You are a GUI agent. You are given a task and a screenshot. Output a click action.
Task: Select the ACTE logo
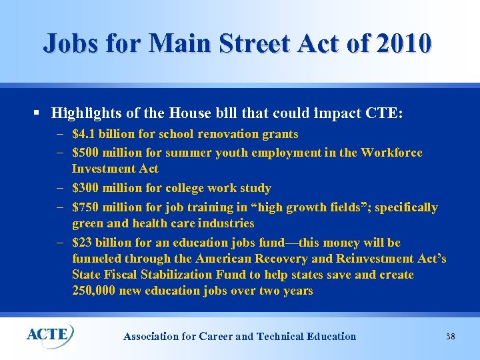[50, 334]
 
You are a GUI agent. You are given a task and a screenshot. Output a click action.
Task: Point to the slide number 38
[450, 337]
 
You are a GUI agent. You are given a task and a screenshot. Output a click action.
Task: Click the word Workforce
[391, 153]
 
